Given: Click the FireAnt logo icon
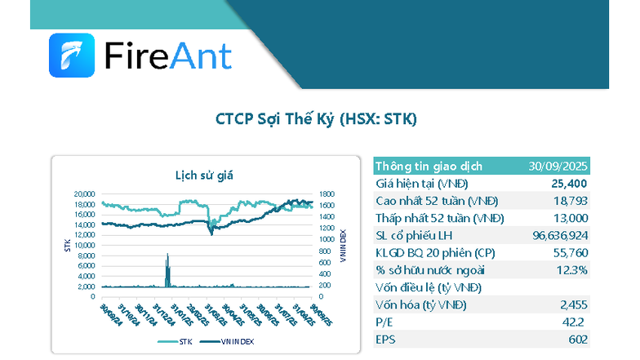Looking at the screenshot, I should click(x=72, y=55).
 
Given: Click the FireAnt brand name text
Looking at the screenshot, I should click(x=168, y=56).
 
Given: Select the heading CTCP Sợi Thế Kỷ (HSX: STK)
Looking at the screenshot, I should click(x=316, y=119).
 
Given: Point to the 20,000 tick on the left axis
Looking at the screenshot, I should click(x=85, y=193).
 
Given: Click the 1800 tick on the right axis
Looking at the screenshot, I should click(x=326, y=193).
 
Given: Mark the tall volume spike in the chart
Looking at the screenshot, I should click(x=167, y=269).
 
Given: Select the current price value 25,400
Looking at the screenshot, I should click(x=569, y=184).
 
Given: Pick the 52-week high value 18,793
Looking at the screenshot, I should click(x=571, y=201).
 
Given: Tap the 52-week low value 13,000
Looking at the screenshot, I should click(x=570, y=218).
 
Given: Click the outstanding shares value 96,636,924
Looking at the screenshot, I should click(x=555, y=235).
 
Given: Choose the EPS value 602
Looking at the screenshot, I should click(x=577, y=339).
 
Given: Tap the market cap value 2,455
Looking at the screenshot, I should click(x=574, y=304).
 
